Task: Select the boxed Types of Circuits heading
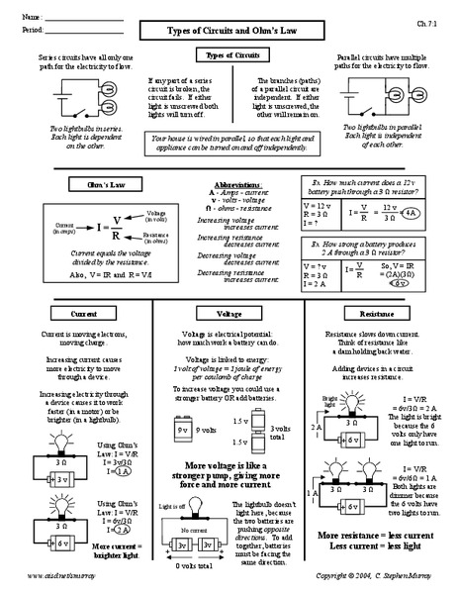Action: point(229,58)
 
